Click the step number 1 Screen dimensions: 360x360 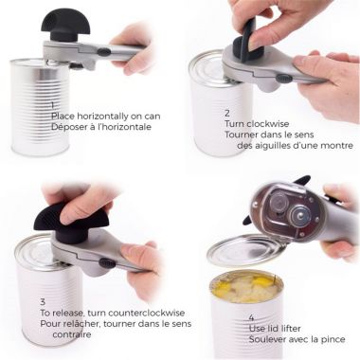(53, 105)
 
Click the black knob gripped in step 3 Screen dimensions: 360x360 (62, 217)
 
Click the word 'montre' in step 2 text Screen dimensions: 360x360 (333, 146)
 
